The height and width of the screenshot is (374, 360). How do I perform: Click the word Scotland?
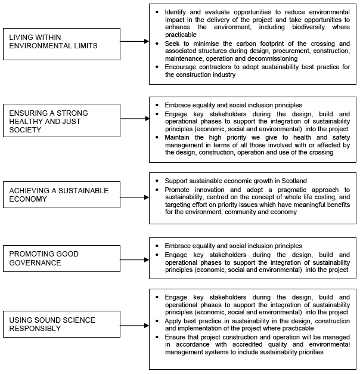click(x=291, y=181)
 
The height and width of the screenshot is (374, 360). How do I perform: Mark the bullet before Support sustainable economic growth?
click(x=157, y=181)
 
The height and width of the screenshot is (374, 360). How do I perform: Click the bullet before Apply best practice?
click(x=157, y=320)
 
